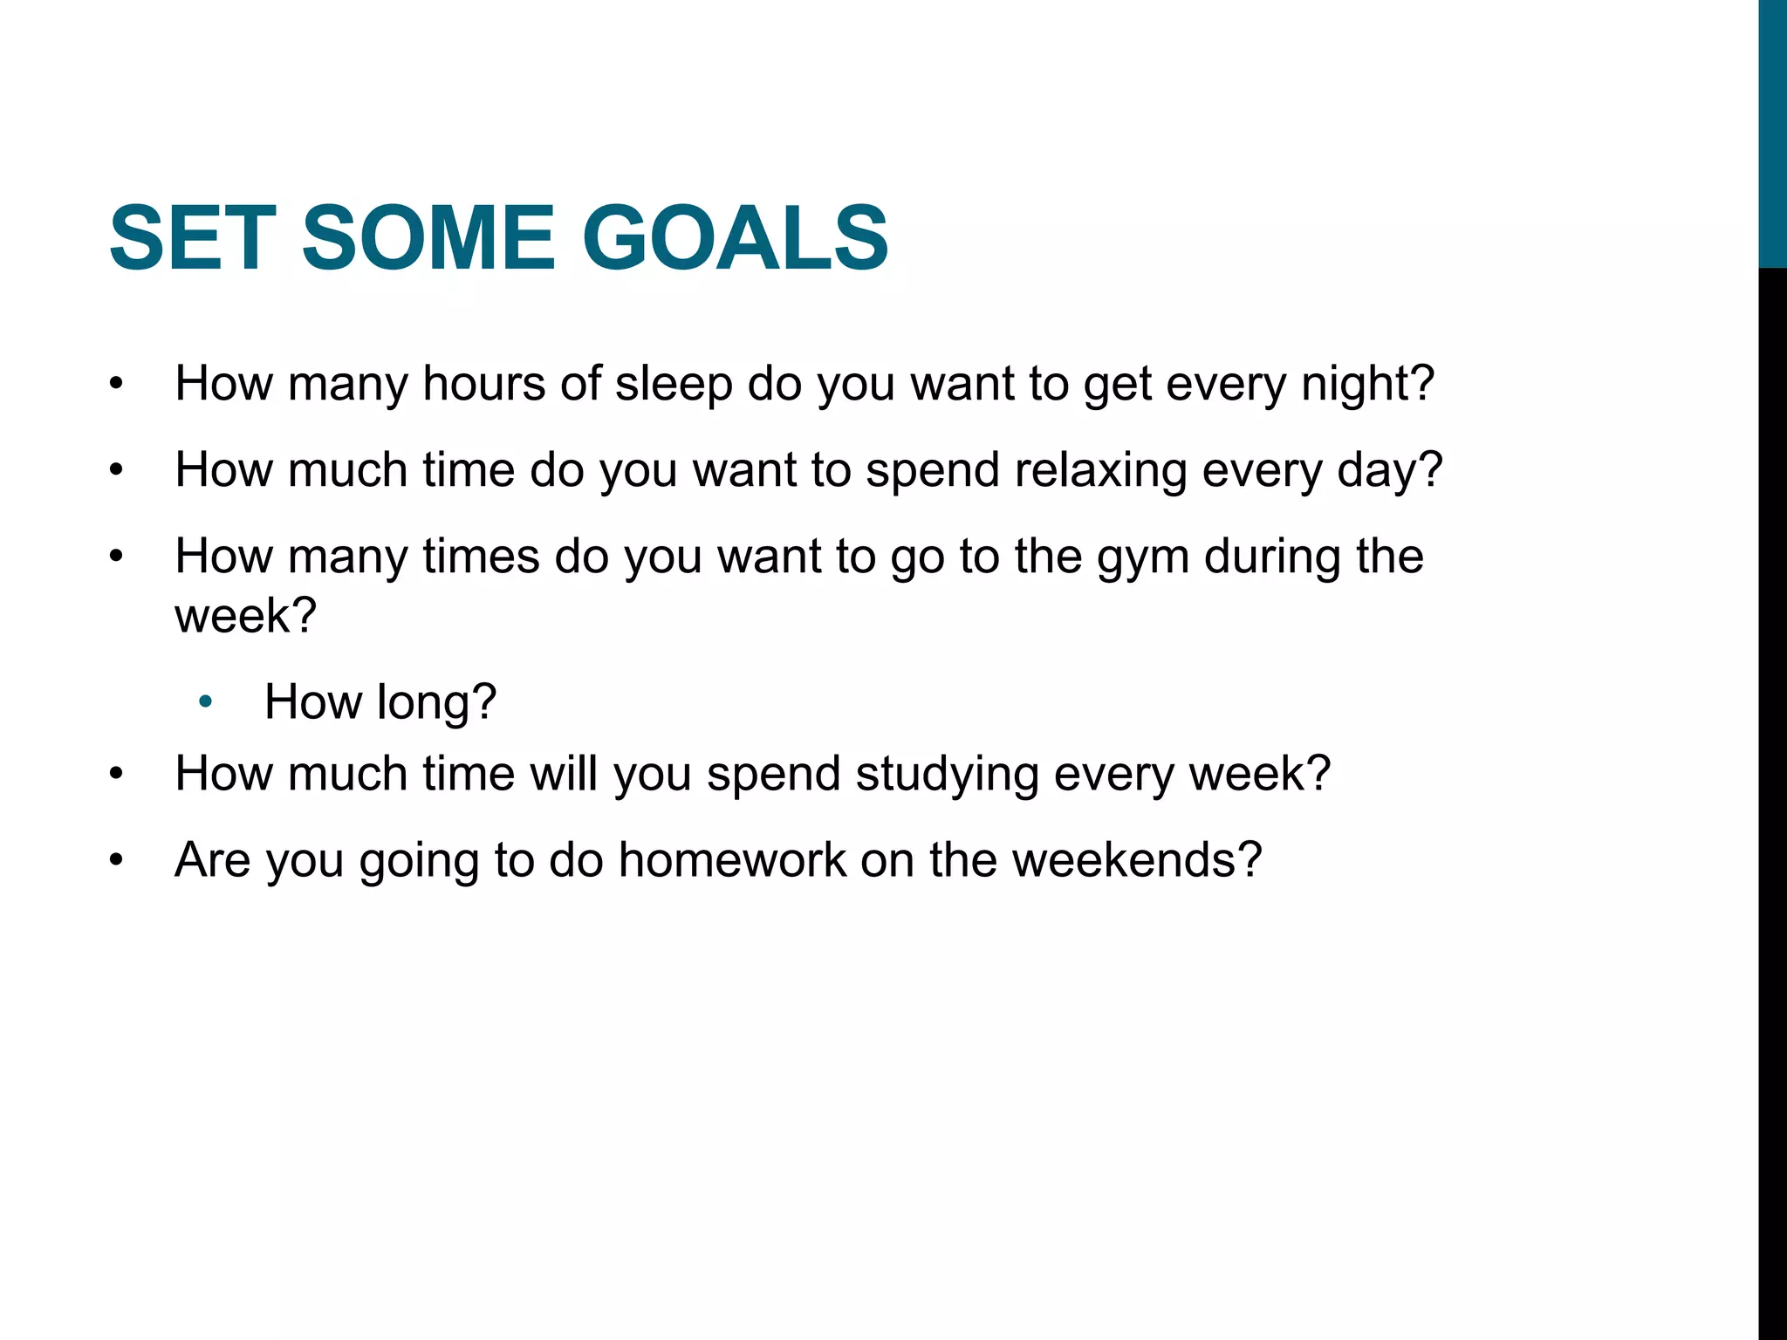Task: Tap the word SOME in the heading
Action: click(428, 238)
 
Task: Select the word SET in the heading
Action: click(193, 238)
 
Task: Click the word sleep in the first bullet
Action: click(674, 384)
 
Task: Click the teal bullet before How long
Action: click(206, 702)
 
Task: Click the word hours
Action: click(483, 384)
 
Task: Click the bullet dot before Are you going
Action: click(117, 861)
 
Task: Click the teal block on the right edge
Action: click(1772, 131)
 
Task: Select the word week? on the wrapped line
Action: click(245, 616)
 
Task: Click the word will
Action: click(563, 774)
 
